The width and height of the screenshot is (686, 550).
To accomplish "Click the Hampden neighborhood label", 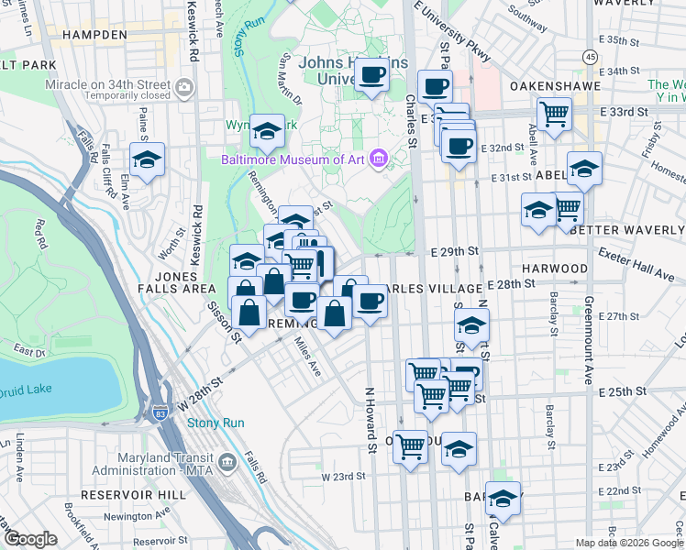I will click(90, 35).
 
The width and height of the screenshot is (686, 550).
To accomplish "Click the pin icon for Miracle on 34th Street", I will click(185, 88).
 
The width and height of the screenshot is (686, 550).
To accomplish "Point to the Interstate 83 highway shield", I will click(161, 413).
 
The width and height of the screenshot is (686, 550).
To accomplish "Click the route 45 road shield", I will click(591, 57).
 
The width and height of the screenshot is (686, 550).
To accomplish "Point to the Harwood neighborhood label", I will click(555, 269).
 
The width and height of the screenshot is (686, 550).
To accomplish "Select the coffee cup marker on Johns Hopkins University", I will click(371, 75).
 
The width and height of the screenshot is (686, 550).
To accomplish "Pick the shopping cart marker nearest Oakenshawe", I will click(554, 115).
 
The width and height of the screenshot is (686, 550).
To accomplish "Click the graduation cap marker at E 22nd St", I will click(502, 499).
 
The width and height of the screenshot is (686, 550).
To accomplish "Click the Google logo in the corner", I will click(29, 539).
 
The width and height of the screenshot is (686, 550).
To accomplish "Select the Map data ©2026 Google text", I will click(628, 543).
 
